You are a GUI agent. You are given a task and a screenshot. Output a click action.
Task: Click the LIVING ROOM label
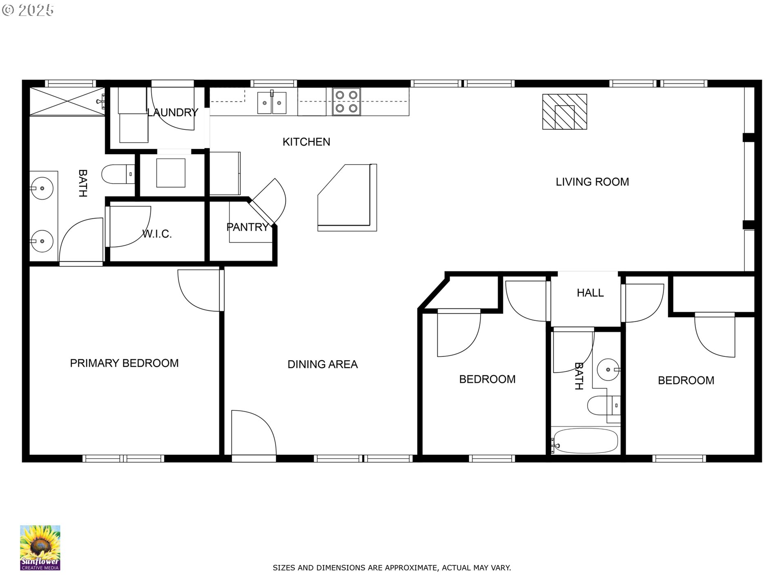coord(592,182)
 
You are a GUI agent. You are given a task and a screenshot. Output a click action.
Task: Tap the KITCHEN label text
coord(306,142)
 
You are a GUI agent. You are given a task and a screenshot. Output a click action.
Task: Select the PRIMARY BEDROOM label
coord(124,363)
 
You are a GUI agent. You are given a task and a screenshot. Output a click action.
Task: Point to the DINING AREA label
coord(323,364)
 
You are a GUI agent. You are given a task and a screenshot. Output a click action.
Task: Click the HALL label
coord(590,293)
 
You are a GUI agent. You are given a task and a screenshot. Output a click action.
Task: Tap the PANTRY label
coord(247,227)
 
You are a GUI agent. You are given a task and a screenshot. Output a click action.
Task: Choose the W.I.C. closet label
coord(157,234)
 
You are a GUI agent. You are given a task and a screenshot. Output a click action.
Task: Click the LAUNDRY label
coord(172,113)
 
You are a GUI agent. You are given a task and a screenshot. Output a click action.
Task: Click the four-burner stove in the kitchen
coord(346,102)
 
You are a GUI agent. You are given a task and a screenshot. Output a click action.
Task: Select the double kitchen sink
coord(272,102)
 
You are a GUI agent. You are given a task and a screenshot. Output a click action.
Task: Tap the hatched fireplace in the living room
coord(565,112)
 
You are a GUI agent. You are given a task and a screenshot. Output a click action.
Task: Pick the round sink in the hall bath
coord(608,370)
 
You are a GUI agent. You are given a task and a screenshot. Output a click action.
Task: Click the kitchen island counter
coord(347,198)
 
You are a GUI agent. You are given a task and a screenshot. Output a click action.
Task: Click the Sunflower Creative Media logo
coord(40,548)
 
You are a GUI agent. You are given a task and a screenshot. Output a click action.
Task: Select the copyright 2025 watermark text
coord(28,10)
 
